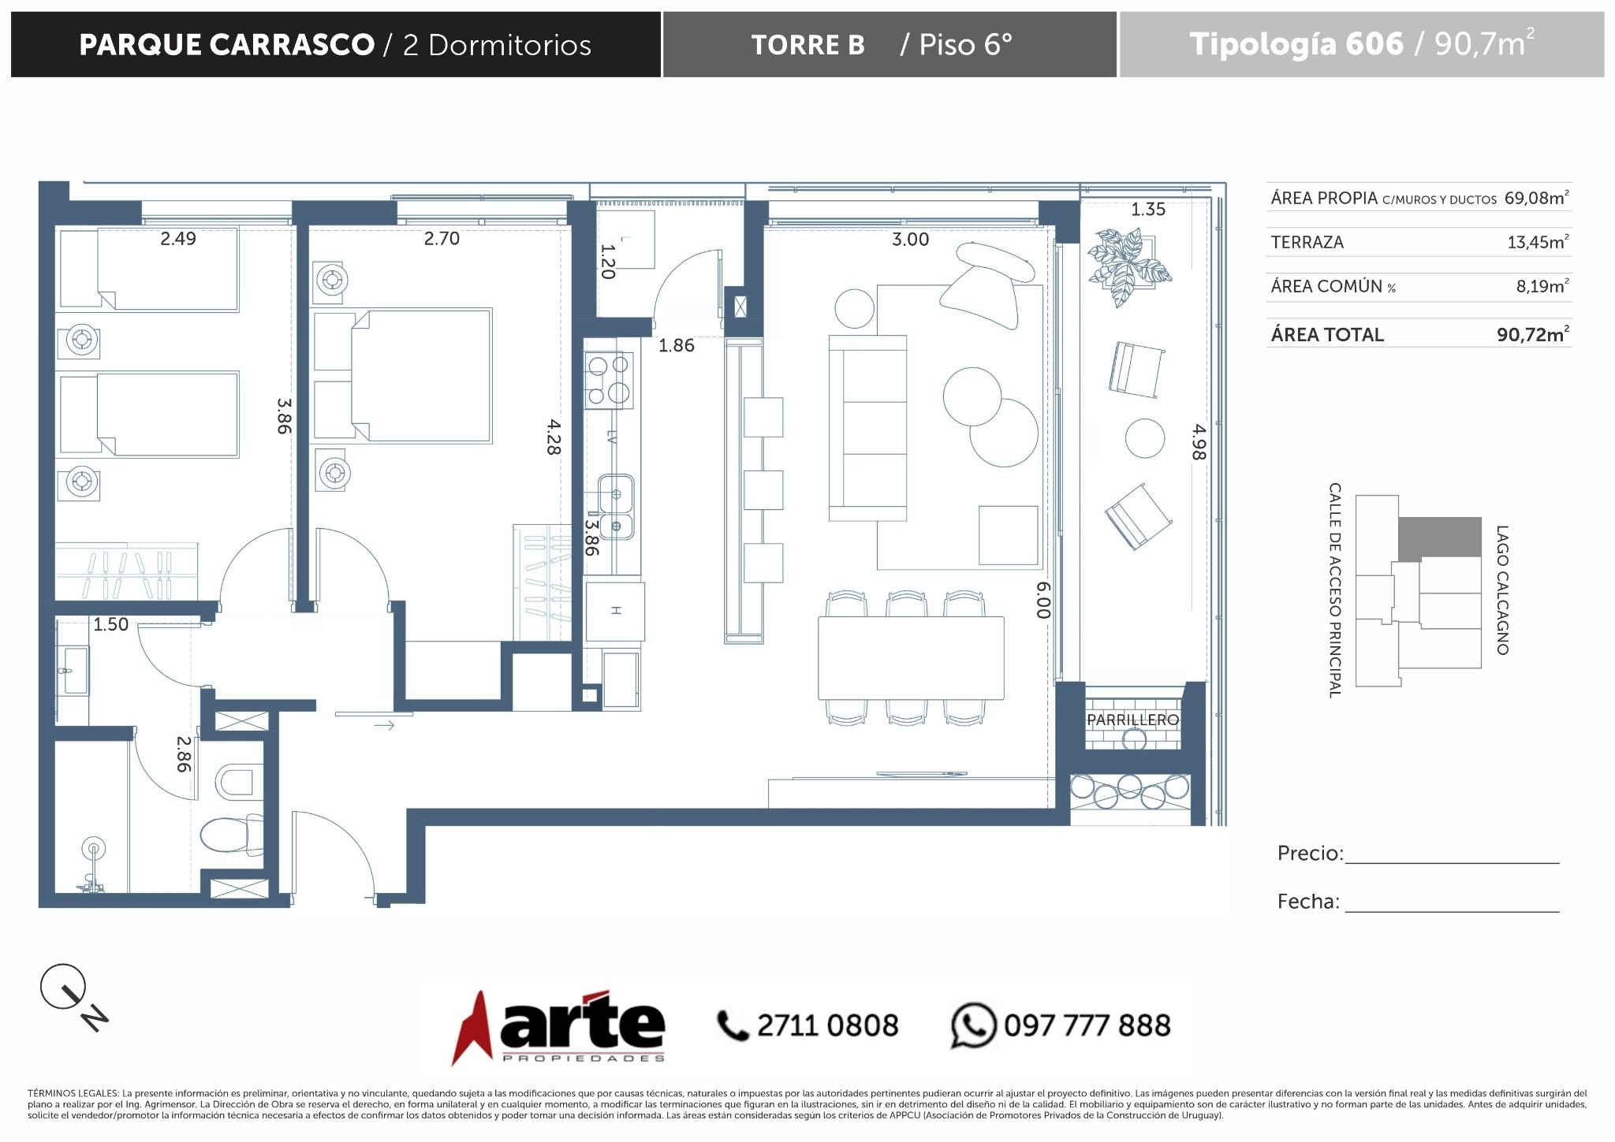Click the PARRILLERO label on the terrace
(1132, 720)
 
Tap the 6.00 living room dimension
(1043, 600)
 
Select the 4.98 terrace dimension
(1199, 442)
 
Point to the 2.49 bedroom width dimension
(178, 238)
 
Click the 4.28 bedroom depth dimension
(554, 437)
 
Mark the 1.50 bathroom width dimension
(110, 624)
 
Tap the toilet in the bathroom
(233, 835)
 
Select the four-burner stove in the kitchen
(608, 379)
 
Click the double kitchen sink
(616, 507)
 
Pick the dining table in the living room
(911, 657)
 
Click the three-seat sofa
(867, 428)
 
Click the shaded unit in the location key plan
(1439, 538)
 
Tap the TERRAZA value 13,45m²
(1538, 242)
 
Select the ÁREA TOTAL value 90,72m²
(1533, 334)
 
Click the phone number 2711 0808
(827, 1025)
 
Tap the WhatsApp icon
(974, 1025)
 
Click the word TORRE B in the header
(807, 45)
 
